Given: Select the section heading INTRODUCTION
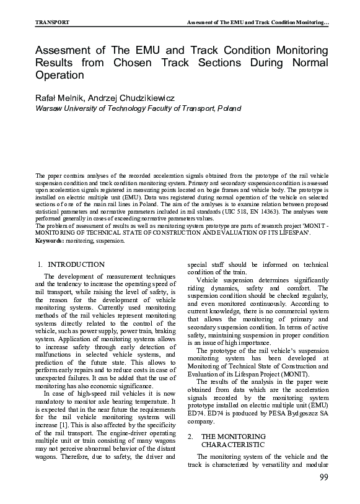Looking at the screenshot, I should (76, 264).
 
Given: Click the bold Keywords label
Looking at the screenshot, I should (50, 240).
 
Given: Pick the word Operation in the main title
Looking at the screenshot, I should (59, 76).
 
